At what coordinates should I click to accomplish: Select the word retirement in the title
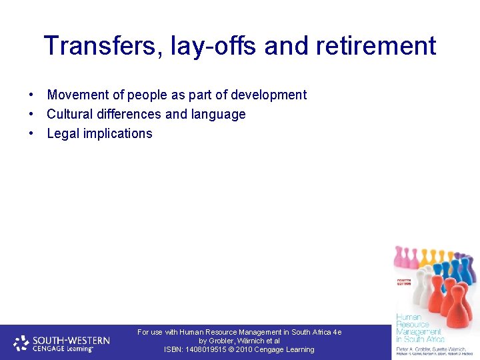(x=373, y=46)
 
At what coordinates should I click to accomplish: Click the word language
(x=218, y=114)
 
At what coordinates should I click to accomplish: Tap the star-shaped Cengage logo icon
(x=21, y=343)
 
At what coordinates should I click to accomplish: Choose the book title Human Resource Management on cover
(x=418, y=325)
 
